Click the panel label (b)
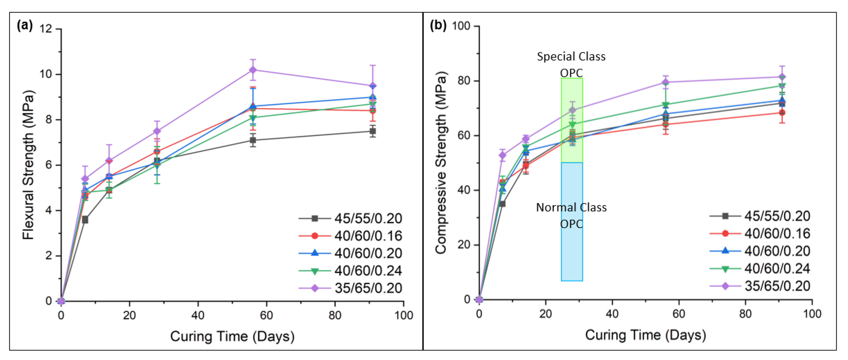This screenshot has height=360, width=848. pos(438,25)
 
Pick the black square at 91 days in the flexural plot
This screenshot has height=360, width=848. pos(373,131)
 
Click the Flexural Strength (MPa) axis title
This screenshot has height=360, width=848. pos(28,165)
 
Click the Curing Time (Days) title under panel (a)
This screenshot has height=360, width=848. pos(232,336)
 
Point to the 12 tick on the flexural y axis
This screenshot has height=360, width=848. pos(46,29)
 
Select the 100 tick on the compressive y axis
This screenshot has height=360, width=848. pos(461,26)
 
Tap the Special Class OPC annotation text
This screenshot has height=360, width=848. pos(571,64)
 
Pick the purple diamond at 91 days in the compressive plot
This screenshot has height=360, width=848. pos(782,77)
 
